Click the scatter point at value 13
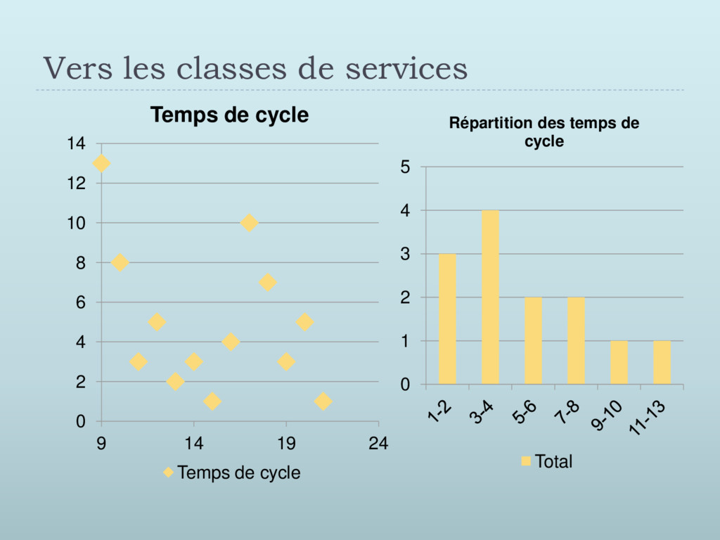[101, 163]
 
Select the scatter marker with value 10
[249, 223]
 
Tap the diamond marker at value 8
[120, 262]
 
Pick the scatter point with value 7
[267, 283]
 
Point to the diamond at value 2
[176, 382]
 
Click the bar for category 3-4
[490, 297]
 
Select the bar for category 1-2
[447, 319]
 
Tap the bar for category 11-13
[662, 363]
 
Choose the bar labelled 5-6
[534, 341]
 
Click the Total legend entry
[546, 462]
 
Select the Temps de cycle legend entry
[232, 473]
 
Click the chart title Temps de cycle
[230, 115]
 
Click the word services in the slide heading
[407, 69]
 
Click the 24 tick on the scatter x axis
[378, 443]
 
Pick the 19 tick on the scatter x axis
[286, 443]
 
